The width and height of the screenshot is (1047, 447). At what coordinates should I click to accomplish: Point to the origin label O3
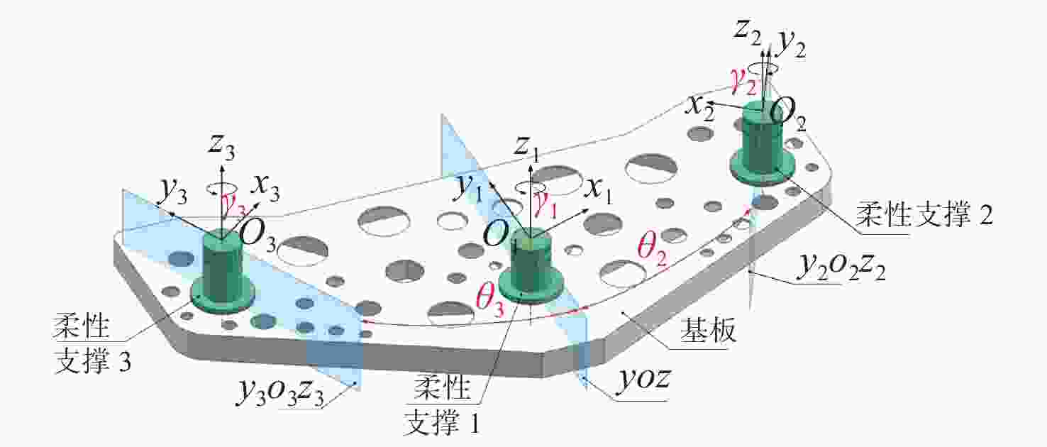click(x=257, y=236)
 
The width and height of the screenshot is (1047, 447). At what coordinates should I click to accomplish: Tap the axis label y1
click(x=468, y=188)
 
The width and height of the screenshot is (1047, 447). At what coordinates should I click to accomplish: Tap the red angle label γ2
click(x=743, y=84)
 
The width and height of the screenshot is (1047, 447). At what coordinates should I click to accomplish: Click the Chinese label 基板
click(x=708, y=331)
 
